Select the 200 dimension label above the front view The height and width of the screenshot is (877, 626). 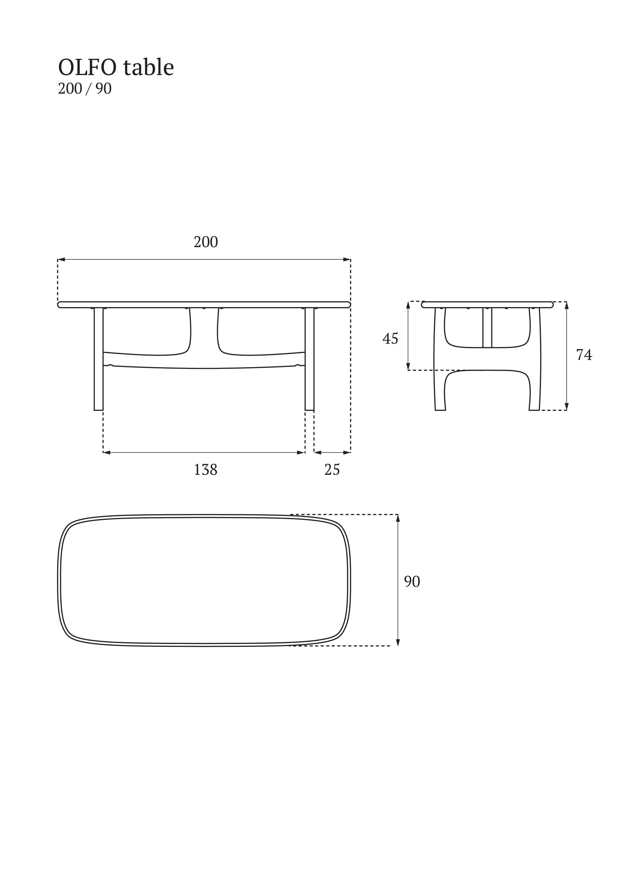coord(206,242)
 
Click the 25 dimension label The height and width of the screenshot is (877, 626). coord(332,470)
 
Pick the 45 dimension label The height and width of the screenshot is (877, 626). coord(390,339)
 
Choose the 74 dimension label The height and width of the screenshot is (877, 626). coord(584,355)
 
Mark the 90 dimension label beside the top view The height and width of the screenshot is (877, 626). coord(412,582)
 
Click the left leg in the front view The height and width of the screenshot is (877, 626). coord(99,359)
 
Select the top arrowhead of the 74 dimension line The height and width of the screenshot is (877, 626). coord(566,306)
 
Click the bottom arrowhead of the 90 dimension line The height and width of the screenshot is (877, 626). coord(398,642)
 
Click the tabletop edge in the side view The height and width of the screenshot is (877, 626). coord(487,305)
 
